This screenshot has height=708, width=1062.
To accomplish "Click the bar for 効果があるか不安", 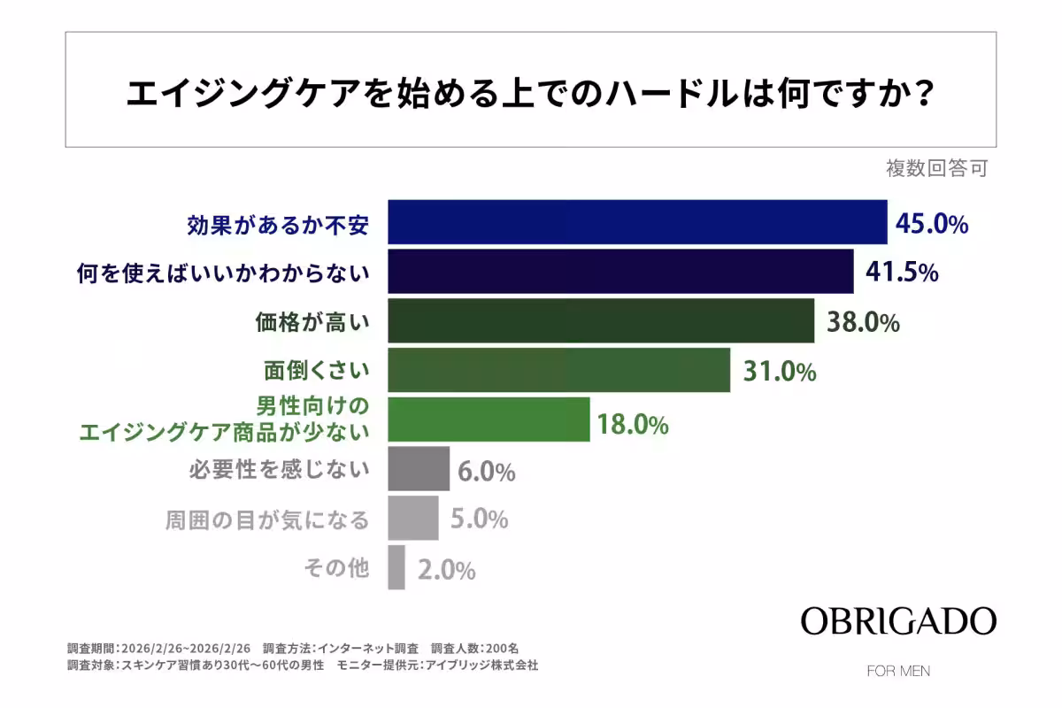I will click(637, 222).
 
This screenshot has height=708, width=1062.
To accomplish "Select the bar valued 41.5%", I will click(620, 272).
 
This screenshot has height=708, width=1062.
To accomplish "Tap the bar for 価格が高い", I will click(601, 320).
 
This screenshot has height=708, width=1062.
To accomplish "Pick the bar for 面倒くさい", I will click(559, 370).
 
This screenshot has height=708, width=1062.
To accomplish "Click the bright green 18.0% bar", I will click(489, 419).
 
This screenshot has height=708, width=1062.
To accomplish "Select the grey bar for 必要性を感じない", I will click(419, 468).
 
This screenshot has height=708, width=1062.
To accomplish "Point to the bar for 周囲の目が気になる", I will click(413, 518).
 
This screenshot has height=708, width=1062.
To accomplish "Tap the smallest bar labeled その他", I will click(396, 567).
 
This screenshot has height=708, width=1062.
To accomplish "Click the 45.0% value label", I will click(932, 224).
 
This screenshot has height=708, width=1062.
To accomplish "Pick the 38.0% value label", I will click(863, 322).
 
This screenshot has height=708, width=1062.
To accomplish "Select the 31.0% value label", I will click(779, 372).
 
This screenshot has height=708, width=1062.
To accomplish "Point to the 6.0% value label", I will click(487, 472).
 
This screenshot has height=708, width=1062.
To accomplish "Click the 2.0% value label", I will click(446, 571).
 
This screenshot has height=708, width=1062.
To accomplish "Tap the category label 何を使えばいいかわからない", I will click(222, 273).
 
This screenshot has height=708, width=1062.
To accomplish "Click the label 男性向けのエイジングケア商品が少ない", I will click(224, 419).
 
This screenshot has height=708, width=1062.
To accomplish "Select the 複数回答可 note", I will click(936, 168).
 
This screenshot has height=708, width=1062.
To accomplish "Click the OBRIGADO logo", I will click(898, 620).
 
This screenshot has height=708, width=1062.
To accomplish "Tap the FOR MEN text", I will click(898, 671).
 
